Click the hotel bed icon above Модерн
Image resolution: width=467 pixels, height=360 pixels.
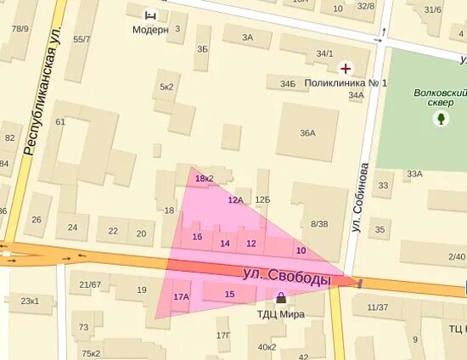150,14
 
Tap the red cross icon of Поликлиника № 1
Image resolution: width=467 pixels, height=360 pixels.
346,67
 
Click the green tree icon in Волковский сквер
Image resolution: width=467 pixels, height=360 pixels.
441,120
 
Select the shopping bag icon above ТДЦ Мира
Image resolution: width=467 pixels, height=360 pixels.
281,298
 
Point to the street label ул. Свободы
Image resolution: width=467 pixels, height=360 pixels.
286,276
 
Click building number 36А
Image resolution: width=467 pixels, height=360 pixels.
307,133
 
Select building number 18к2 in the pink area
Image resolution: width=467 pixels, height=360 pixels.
204,178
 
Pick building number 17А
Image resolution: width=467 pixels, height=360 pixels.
181,297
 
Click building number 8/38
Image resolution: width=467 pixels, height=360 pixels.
319,224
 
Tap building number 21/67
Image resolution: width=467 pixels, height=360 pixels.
90,284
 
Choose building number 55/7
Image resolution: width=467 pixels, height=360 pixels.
82,39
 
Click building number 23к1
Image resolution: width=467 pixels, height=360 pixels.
30,301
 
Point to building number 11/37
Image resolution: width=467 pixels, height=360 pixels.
377,307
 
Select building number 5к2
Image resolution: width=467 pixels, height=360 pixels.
166,87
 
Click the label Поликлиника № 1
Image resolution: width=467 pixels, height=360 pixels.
346,83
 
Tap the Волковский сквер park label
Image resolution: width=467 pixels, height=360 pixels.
441,97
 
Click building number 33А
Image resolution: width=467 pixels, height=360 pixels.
414,174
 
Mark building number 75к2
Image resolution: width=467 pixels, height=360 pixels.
91,353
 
